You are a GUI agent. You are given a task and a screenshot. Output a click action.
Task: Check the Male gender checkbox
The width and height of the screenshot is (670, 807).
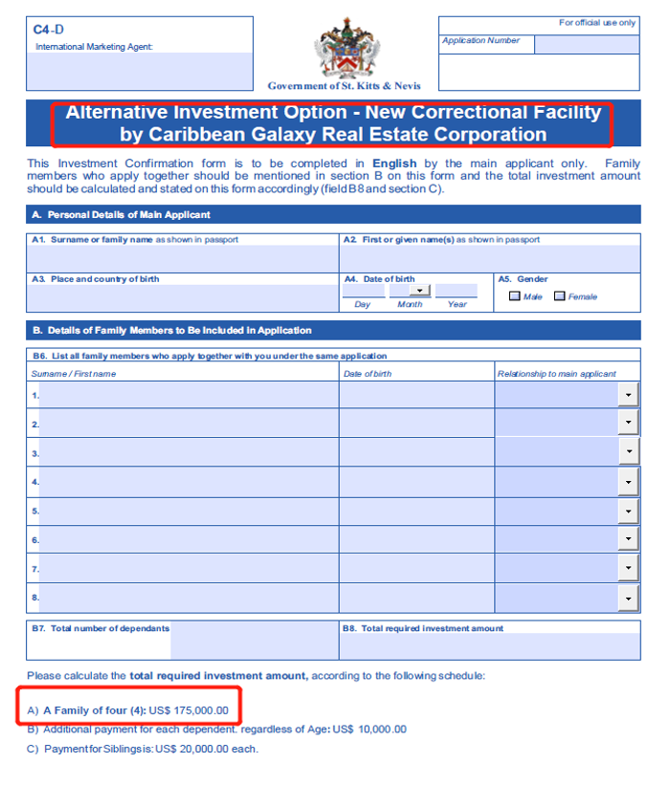click(515, 296)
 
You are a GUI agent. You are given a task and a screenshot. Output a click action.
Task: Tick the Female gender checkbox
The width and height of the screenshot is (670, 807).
click(560, 296)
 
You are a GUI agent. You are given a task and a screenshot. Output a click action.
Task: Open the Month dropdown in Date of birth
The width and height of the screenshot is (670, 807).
click(419, 291)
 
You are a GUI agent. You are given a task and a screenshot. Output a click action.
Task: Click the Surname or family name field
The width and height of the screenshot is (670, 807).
click(182, 259)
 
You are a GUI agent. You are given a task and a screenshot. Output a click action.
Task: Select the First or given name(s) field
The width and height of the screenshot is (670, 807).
click(489, 259)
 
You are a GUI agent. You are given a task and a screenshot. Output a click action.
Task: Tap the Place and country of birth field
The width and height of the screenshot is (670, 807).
click(182, 297)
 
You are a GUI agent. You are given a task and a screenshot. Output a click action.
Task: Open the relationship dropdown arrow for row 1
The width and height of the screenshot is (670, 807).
click(629, 394)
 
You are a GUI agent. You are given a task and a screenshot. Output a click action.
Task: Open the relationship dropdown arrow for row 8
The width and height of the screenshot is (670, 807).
click(629, 599)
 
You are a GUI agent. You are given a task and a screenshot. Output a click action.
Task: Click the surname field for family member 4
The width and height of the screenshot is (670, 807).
click(189, 482)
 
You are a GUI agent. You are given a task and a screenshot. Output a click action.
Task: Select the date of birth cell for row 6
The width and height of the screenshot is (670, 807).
click(416, 540)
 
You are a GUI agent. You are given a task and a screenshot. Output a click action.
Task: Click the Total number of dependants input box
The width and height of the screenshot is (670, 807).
click(254, 641)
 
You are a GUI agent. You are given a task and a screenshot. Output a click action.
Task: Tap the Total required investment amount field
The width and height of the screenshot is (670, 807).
click(489, 646)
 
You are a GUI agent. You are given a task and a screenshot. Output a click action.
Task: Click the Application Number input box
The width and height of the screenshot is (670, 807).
click(586, 44)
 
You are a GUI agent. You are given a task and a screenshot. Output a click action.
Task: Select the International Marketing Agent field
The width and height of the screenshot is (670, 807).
click(140, 71)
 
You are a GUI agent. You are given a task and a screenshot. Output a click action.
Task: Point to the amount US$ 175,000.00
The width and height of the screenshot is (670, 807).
click(189, 709)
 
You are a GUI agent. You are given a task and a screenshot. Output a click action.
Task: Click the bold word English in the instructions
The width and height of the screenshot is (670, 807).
click(394, 164)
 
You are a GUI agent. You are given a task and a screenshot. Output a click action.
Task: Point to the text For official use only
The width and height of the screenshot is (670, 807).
click(596, 23)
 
